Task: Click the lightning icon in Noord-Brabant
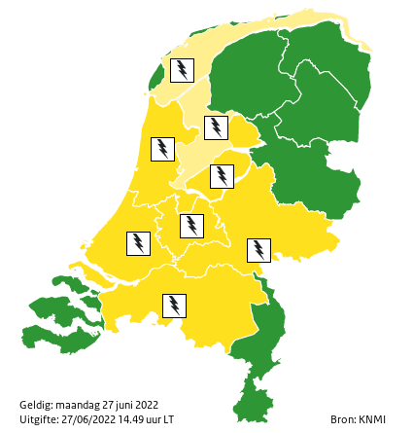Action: [174, 306]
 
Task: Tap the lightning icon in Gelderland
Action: [258, 250]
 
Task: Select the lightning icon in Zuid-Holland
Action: [139, 243]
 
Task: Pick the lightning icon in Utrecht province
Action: [192, 226]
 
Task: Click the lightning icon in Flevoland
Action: [223, 176]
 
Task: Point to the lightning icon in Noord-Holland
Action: [162, 149]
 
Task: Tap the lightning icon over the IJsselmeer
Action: [216, 127]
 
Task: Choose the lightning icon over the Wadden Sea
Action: [182, 70]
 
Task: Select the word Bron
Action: [343, 419]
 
